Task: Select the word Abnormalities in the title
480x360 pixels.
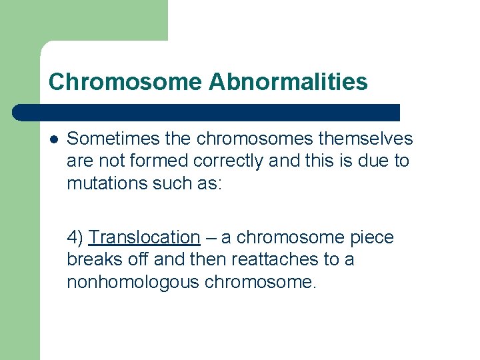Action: (x=288, y=82)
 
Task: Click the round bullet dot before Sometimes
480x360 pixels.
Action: (x=53, y=139)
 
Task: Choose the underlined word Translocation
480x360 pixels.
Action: (x=144, y=237)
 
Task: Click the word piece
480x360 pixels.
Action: (x=372, y=237)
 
